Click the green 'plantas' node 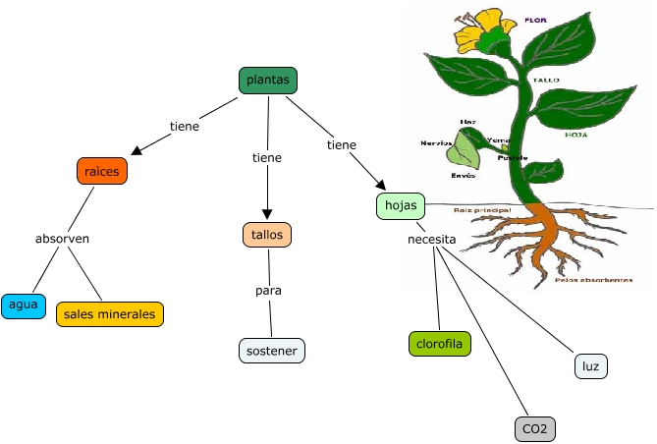click(268, 81)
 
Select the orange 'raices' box click(102, 171)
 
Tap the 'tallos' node click(267, 235)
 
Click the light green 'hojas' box click(400, 206)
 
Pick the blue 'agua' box click(24, 305)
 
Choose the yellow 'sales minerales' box click(110, 314)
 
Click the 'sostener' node click(272, 351)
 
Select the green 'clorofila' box click(440, 344)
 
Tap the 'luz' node click(591, 366)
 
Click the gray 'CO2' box click(535, 428)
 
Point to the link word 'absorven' click(63, 238)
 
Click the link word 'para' click(269, 292)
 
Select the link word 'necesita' click(432, 239)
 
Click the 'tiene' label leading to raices click(185, 126)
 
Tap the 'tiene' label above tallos click(267, 157)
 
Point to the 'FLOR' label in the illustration click(535, 20)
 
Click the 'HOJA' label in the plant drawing click(576, 135)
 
